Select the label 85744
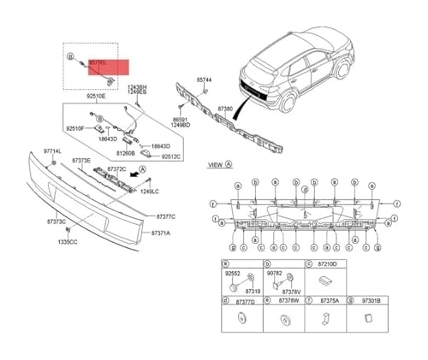tap(203, 79)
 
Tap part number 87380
tap(225, 109)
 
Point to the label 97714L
tap(54, 151)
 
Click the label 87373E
tap(81, 160)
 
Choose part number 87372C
tap(116, 170)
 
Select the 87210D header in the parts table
tap(328, 265)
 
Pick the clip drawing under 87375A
tap(326, 320)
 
